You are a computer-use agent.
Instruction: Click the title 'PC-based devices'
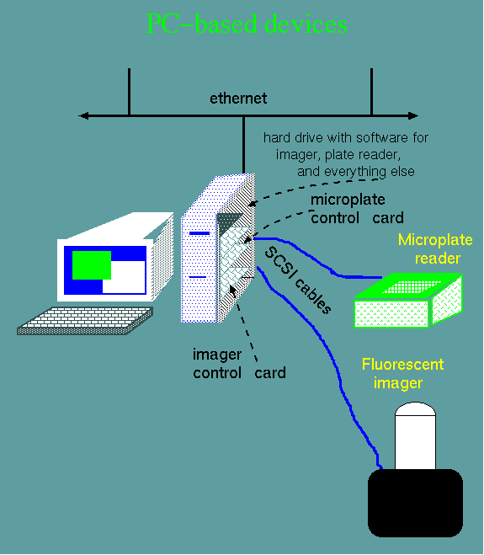(x=247, y=24)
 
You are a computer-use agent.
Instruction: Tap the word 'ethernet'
(x=238, y=99)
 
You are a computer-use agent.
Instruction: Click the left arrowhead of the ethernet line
(x=83, y=115)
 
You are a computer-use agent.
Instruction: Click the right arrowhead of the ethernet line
(x=413, y=115)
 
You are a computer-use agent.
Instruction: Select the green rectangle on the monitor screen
(x=92, y=265)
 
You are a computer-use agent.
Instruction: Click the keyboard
(x=85, y=321)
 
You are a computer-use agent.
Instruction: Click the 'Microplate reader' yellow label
(x=435, y=249)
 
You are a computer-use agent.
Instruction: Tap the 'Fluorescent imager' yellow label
(x=402, y=374)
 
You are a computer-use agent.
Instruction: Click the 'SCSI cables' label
(x=298, y=280)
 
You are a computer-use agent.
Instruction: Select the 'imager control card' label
(x=239, y=364)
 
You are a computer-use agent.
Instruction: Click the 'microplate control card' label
(x=357, y=209)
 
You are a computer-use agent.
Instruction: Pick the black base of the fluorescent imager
(x=415, y=503)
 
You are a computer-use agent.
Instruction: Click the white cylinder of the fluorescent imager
(x=415, y=435)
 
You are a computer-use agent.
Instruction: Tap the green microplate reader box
(x=408, y=301)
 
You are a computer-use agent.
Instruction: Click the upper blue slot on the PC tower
(x=199, y=233)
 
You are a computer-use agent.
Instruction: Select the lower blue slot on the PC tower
(x=198, y=277)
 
